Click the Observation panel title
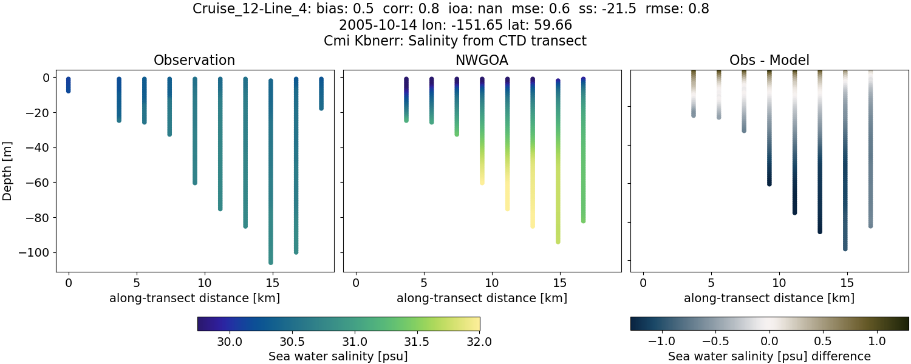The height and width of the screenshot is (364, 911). (194, 60)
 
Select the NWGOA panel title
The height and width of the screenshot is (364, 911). (482, 60)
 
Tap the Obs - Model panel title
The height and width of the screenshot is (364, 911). (769, 60)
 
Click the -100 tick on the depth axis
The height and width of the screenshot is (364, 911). (38, 252)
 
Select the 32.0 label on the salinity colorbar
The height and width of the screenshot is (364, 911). (479, 342)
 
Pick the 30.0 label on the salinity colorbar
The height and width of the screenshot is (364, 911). (230, 342)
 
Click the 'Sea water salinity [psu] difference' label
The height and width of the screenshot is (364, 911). (769, 356)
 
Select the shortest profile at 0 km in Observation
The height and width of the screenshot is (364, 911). (68, 85)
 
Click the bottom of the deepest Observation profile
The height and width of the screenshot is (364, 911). (270, 262)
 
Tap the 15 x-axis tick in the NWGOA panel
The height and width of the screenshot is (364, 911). (559, 283)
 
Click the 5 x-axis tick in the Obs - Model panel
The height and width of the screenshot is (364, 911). (711, 283)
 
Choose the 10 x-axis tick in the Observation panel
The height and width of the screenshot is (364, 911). (204, 283)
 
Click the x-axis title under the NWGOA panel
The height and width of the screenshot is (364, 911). (482, 298)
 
